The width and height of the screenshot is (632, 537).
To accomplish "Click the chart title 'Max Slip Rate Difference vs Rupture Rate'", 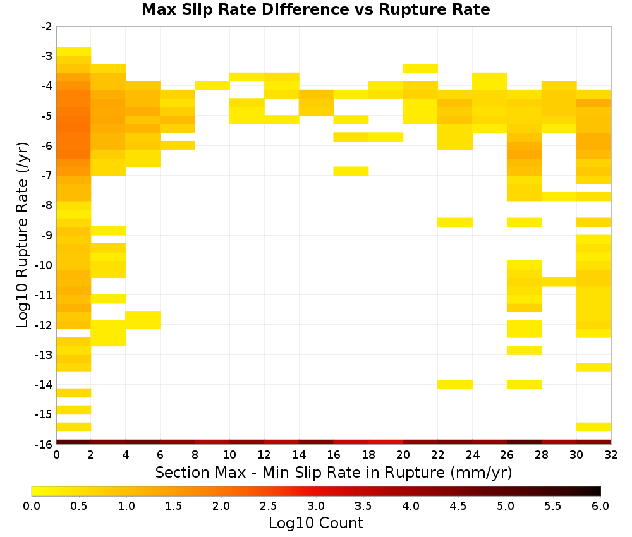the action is [x=315, y=9].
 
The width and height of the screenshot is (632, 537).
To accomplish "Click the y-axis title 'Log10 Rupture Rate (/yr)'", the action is [x=22, y=235].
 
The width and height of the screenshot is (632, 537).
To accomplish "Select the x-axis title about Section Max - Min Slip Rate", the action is [x=334, y=472].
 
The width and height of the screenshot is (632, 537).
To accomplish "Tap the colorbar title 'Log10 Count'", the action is [x=315, y=523].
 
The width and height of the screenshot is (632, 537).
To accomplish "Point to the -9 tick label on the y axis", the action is [x=47, y=235].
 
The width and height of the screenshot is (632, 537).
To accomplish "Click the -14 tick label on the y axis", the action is [x=44, y=384].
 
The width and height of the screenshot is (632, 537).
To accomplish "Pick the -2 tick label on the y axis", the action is [x=47, y=27].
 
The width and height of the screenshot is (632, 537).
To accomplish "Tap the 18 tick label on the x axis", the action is [x=368, y=455].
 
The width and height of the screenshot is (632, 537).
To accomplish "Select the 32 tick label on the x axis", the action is [x=611, y=455].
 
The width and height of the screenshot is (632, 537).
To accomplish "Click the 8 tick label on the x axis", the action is [x=195, y=455].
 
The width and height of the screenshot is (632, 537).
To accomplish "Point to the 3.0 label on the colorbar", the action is [x=315, y=505].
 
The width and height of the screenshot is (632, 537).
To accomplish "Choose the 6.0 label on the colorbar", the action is [x=600, y=505].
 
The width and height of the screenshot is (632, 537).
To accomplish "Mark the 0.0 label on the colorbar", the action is [x=32, y=505].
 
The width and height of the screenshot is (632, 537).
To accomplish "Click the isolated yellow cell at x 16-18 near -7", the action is [x=351, y=171].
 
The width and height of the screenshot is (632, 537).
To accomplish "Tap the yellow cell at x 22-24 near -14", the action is [x=455, y=384].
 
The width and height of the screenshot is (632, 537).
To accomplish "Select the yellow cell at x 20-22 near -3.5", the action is [x=420, y=68].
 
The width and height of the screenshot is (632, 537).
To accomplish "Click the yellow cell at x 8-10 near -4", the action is [x=212, y=85].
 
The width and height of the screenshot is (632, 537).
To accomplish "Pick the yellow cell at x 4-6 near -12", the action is [x=143, y=320].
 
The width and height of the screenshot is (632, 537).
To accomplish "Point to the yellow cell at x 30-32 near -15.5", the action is [x=593, y=427].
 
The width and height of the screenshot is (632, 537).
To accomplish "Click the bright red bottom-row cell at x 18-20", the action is [x=386, y=442].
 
